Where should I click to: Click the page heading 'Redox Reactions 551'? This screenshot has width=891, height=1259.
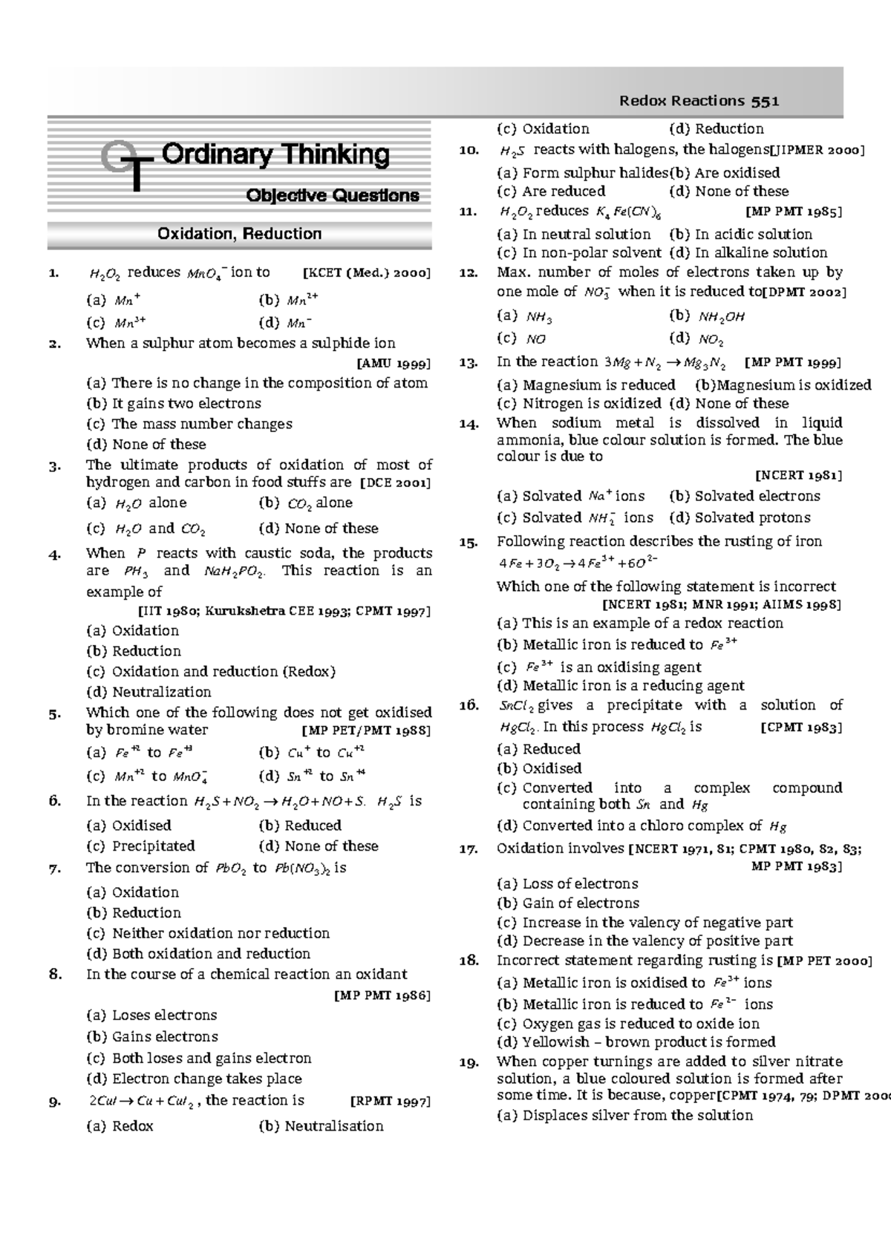[x=699, y=101]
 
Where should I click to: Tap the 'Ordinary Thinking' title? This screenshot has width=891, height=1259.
[x=275, y=155]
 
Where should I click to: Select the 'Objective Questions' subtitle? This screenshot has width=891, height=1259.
[x=333, y=196]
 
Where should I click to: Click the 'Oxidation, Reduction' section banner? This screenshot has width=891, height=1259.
[x=239, y=235]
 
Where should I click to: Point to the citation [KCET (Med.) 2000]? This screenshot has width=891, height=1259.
[x=367, y=272]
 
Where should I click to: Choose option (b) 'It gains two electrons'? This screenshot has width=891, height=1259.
[x=174, y=404]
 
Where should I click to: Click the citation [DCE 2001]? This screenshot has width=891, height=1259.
[x=395, y=483]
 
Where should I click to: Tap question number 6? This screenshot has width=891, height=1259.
[x=55, y=801]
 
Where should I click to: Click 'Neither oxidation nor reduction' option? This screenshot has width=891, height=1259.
[x=208, y=933]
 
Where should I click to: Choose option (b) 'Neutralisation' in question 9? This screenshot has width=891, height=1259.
[x=321, y=1126]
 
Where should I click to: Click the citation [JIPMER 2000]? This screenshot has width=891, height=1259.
[x=817, y=151]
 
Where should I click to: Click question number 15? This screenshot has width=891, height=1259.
[x=468, y=542]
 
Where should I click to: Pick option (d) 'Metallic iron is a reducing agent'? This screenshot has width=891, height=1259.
[x=621, y=686]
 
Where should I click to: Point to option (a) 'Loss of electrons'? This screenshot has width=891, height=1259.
[x=567, y=883]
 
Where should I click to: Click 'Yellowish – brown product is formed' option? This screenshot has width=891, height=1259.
[x=636, y=1042]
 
